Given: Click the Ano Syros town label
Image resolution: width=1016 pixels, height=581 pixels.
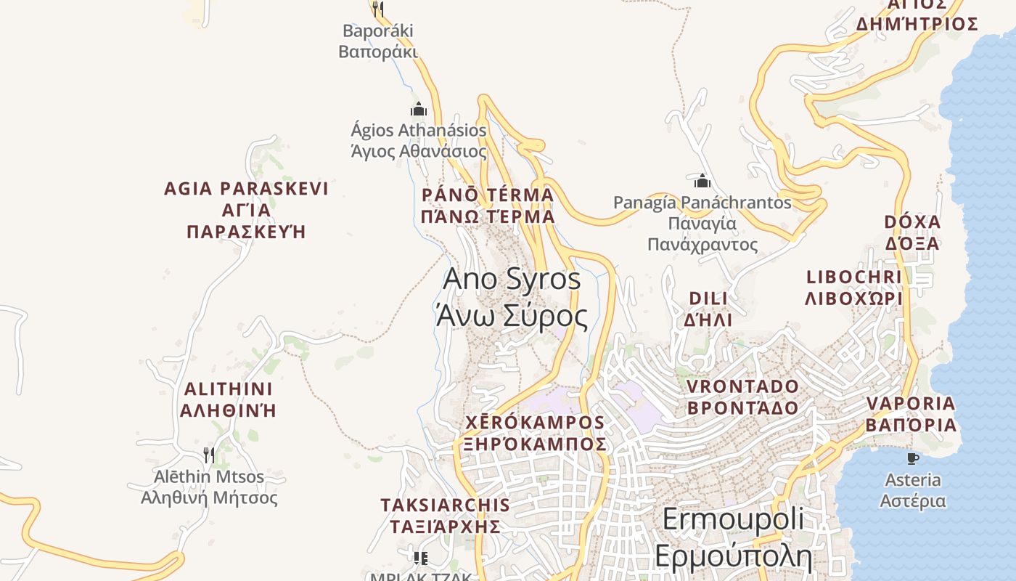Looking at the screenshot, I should tap(512, 298).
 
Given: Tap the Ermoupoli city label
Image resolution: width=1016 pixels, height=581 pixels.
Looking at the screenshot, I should tap(733, 537).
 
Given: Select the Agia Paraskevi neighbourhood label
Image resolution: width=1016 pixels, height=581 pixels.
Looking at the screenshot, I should tap(246, 210).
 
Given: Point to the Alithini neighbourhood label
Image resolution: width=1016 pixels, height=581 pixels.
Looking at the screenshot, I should tap(228, 399).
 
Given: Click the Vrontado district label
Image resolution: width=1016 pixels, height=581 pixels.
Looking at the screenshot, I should tap(742, 397).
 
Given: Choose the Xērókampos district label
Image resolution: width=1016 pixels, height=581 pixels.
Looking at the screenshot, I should tap(535, 433).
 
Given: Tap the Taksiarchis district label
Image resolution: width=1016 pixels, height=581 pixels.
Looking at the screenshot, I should tap(445, 515).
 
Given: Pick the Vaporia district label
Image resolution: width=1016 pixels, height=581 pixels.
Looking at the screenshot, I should tap(911, 414).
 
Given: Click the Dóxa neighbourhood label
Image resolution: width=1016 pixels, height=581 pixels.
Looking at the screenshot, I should tap(912, 232).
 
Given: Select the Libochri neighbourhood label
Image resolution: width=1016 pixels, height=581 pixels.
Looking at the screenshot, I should tap(854, 288).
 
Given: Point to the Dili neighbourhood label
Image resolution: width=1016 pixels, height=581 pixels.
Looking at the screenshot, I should tap(708, 309).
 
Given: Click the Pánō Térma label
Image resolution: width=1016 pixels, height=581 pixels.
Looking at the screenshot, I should tap(488, 206).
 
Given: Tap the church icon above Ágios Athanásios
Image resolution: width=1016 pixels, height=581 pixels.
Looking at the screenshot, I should tap(419, 110).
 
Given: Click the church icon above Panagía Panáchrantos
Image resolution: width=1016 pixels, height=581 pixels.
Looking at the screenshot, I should tap(702, 181).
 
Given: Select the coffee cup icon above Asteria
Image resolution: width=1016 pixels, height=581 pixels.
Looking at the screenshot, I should tap(913, 458).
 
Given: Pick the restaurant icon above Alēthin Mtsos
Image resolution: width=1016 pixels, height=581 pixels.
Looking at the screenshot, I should tap(209, 455).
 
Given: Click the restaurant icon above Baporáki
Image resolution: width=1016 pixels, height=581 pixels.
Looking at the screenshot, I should tap(377, 9).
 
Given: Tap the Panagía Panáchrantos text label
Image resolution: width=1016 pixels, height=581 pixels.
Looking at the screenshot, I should tap(702, 223).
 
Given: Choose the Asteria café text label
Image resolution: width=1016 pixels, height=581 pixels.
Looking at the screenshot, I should tap(913, 490).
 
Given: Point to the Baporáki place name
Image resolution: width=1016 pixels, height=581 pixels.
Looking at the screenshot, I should tap(377, 41).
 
